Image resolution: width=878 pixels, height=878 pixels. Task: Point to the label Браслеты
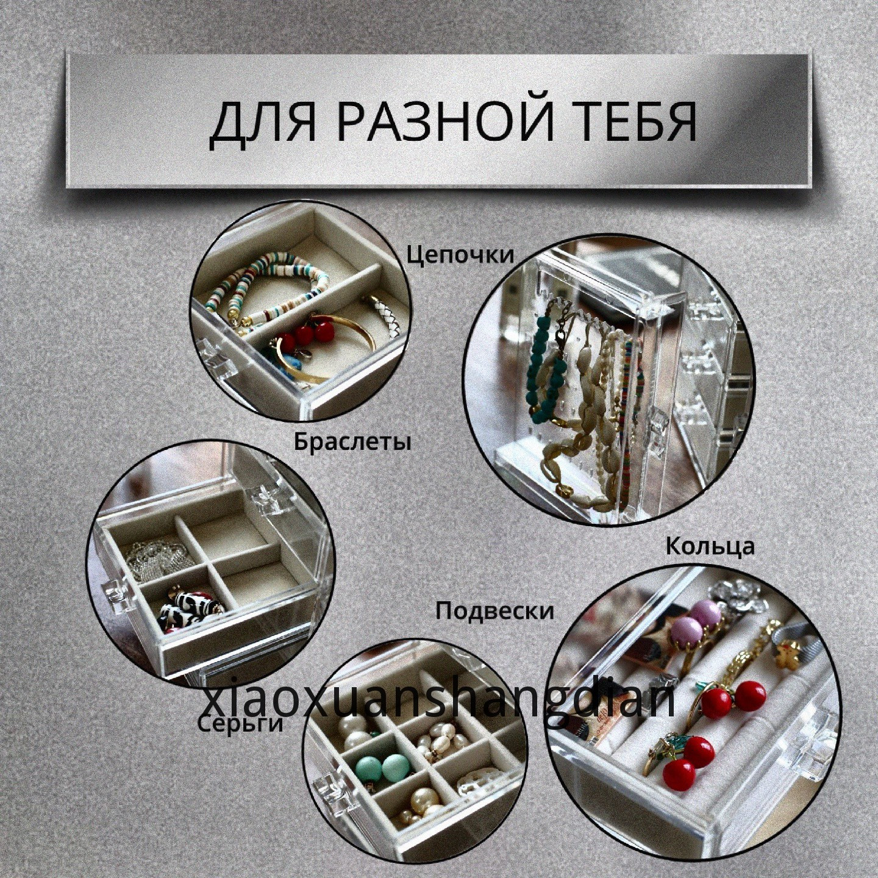click(352, 441)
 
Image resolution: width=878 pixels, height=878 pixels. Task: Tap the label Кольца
click(710, 546)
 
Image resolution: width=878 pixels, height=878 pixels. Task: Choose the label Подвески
click(494, 611)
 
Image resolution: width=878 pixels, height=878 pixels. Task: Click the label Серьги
click(241, 724)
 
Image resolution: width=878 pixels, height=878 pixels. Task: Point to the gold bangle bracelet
click(328, 346)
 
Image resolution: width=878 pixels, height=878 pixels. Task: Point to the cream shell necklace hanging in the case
click(588, 437)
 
